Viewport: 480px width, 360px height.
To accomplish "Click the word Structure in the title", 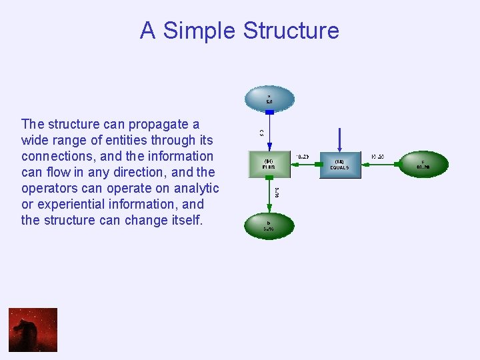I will coord(291,31).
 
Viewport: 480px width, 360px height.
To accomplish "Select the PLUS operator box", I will coord(269,165).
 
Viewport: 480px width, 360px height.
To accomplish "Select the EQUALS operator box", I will coord(339,165).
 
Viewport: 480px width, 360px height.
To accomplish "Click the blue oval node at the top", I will coord(269,99).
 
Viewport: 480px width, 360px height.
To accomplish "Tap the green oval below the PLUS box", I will coord(269,225).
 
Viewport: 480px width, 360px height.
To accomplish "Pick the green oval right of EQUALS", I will coord(423,164).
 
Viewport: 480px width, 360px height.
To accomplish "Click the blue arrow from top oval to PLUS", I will coord(269,133).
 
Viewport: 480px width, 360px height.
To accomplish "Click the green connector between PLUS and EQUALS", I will coord(304,164).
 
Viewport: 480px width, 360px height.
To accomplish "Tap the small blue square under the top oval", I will coord(269,112).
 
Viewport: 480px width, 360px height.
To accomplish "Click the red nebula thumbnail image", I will coord(33,329).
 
